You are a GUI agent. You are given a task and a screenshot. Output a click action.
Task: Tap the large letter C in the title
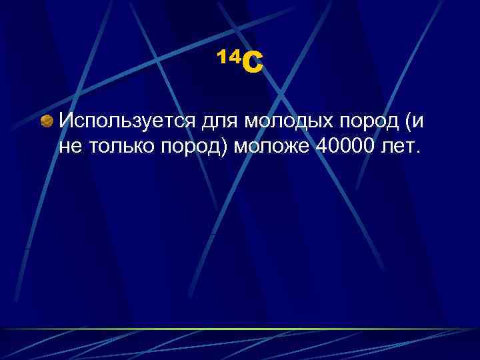tap(253, 65)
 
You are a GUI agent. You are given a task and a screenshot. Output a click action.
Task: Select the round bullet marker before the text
tap(47, 122)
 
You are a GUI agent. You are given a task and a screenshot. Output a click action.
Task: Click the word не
tap(69, 147)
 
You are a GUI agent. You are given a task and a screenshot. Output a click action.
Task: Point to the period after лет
tap(418, 151)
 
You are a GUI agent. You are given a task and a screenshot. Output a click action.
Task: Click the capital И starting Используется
tap(66, 121)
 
